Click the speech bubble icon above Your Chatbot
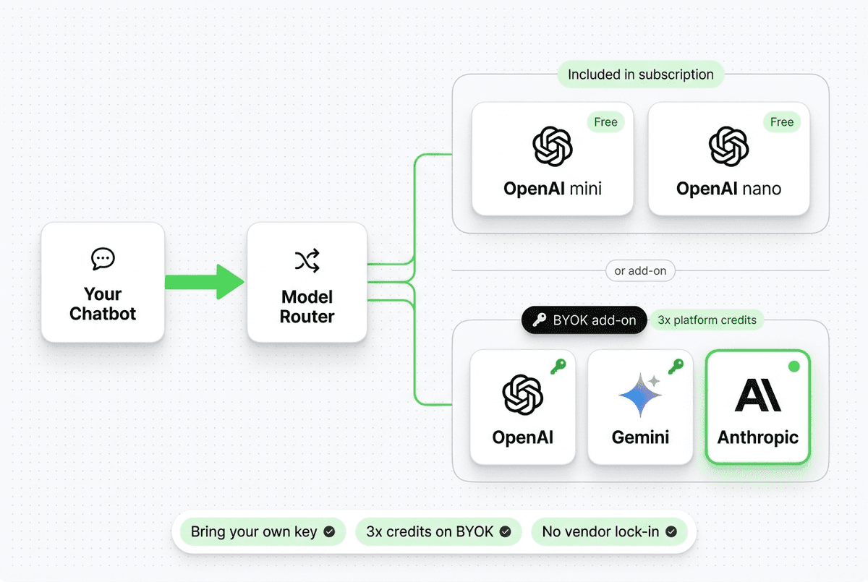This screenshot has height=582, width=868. (x=103, y=258)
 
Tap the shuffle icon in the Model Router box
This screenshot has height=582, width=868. (x=307, y=261)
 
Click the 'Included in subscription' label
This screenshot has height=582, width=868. (x=640, y=74)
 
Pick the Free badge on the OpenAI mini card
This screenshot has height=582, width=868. (x=605, y=122)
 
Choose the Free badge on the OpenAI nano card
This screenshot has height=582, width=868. (x=781, y=122)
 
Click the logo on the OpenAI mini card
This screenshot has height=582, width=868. (x=553, y=146)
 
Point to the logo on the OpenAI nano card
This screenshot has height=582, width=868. (x=728, y=146)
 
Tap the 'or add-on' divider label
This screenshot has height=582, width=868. (x=640, y=271)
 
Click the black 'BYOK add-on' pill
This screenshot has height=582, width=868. (x=584, y=320)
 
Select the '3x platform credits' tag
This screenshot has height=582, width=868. (x=707, y=320)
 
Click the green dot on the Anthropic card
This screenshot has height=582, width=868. (x=793, y=367)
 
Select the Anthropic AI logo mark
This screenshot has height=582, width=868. (x=757, y=395)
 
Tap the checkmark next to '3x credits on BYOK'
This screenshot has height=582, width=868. (x=506, y=532)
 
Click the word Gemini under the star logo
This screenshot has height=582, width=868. (x=640, y=437)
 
